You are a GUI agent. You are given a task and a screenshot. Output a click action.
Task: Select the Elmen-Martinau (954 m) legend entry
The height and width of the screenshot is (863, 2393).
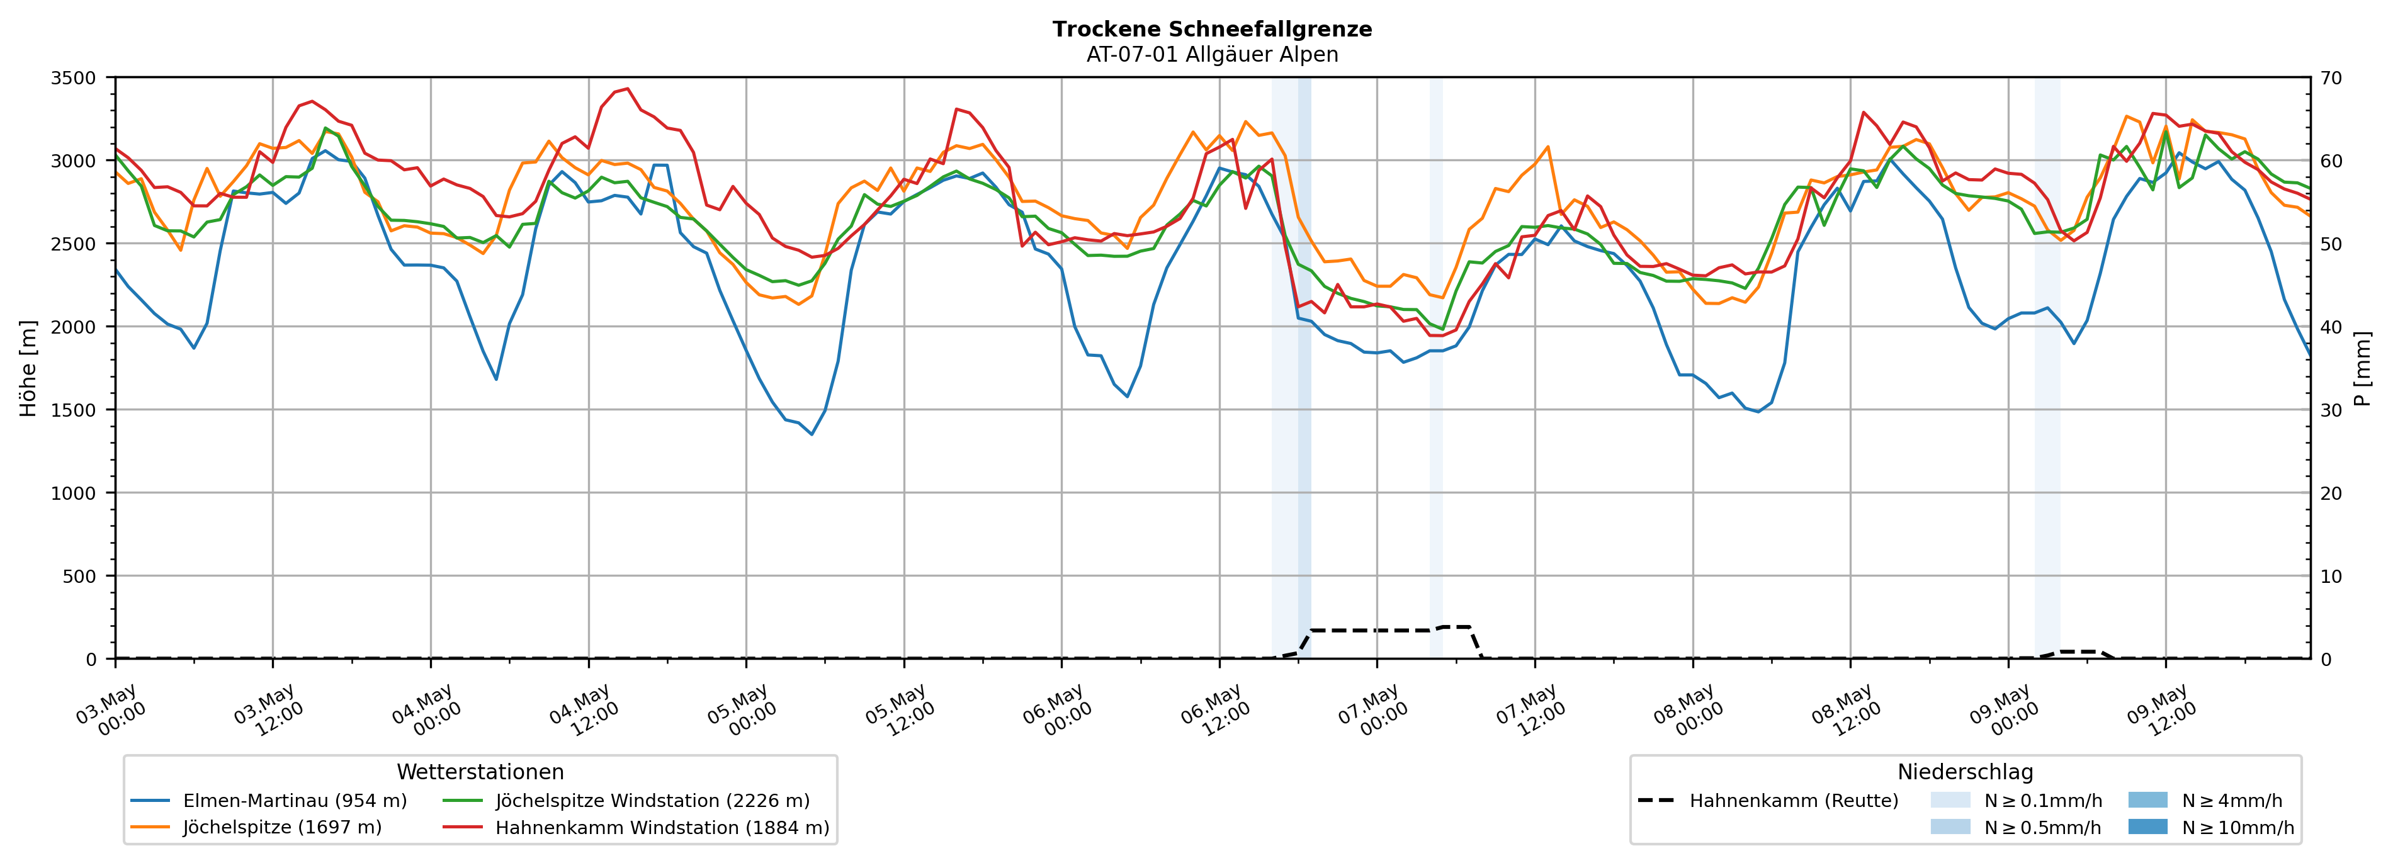[268, 801]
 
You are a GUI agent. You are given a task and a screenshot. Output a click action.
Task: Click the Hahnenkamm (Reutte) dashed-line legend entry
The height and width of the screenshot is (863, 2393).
[1768, 801]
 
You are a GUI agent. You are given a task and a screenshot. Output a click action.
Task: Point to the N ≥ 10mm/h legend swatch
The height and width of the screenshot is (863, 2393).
[2147, 826]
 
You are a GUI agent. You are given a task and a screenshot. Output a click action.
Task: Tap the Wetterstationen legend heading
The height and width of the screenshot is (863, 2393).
[480, 772]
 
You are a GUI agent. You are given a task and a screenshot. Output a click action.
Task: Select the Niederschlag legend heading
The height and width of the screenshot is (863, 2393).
[1965, 772]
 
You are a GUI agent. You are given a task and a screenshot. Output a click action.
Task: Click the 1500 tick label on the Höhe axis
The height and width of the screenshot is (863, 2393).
[74, 410]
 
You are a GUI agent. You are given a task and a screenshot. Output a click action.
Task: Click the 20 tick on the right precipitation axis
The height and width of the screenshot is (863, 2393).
[2331, 494]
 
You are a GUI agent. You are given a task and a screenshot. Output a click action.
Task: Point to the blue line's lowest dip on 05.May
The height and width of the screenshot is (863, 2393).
[812, 434]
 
